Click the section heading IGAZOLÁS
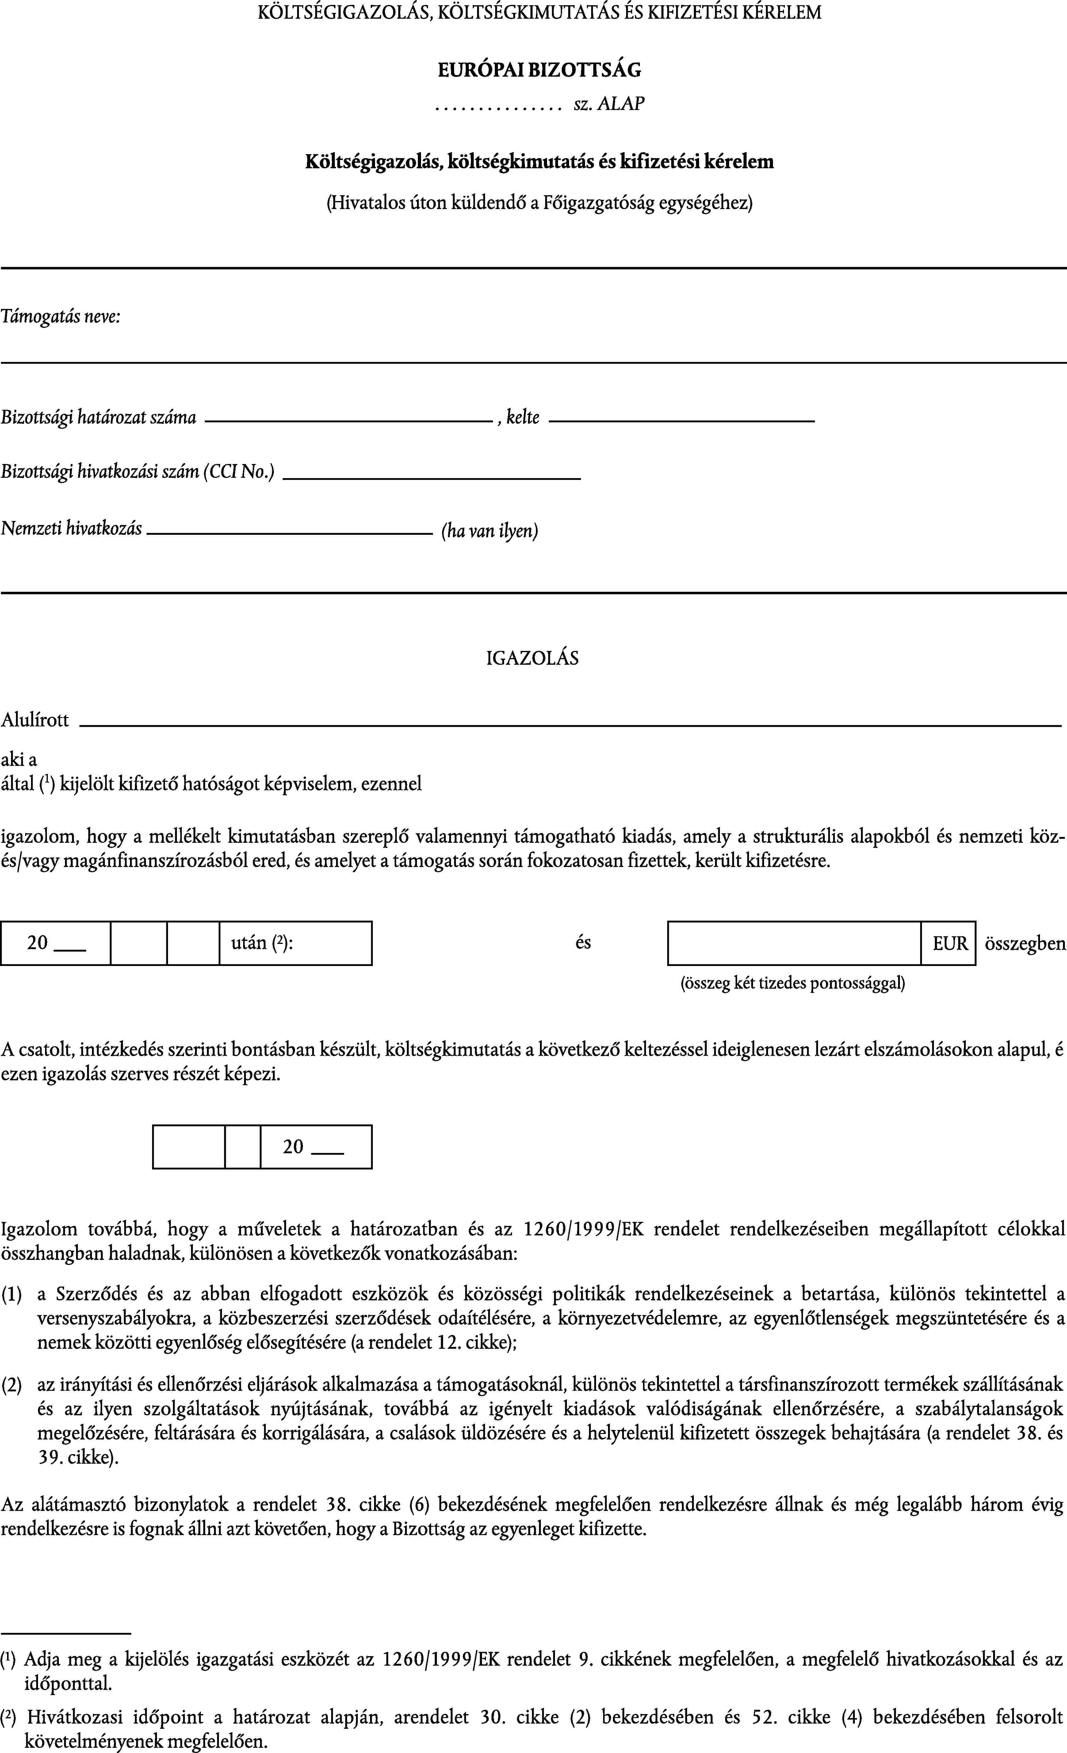coord(533,658)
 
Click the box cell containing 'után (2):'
coord(295,943)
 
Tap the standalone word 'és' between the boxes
coord(583,943)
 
